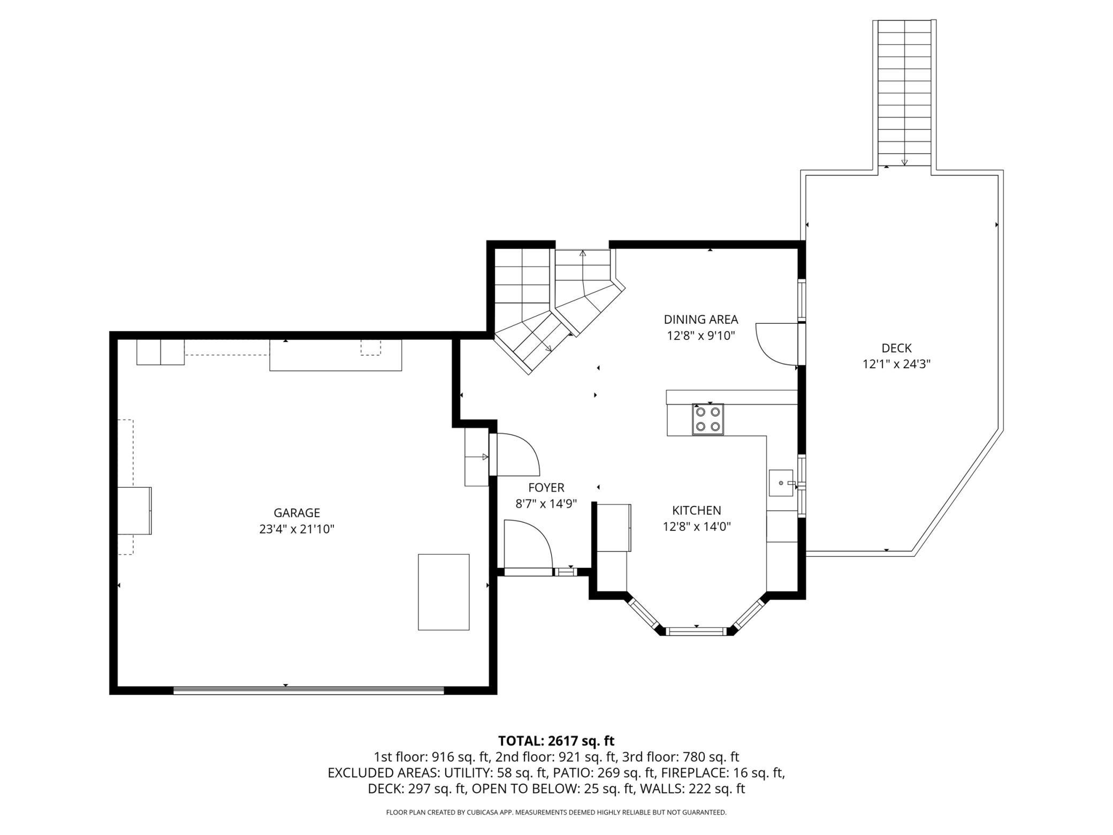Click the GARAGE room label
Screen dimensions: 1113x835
[x=296, y=513]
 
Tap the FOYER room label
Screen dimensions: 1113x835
[x=546, y=488]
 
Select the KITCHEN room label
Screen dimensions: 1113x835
[x=697, y=510]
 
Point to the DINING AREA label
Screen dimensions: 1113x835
[x=701, y=320]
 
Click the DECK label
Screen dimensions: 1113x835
[x=896, y=348]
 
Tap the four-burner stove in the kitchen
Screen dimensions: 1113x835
[x=707, y=419]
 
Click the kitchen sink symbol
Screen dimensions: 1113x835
[x=781, y=483]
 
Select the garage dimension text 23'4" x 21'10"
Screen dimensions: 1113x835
[x=296, y=529]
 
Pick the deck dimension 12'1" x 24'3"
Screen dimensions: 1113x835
[x=896, y=365]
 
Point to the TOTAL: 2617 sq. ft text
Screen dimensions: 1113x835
[x=556, y=741]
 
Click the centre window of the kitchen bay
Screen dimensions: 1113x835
[x=697, y=631]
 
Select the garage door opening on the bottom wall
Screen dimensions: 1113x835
[x=309, y=690]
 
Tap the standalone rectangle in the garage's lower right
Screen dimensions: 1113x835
[x=444, y=592]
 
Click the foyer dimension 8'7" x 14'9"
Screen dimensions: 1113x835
[x=546, y=504]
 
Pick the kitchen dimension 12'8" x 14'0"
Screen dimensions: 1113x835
[x=697, y=527]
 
